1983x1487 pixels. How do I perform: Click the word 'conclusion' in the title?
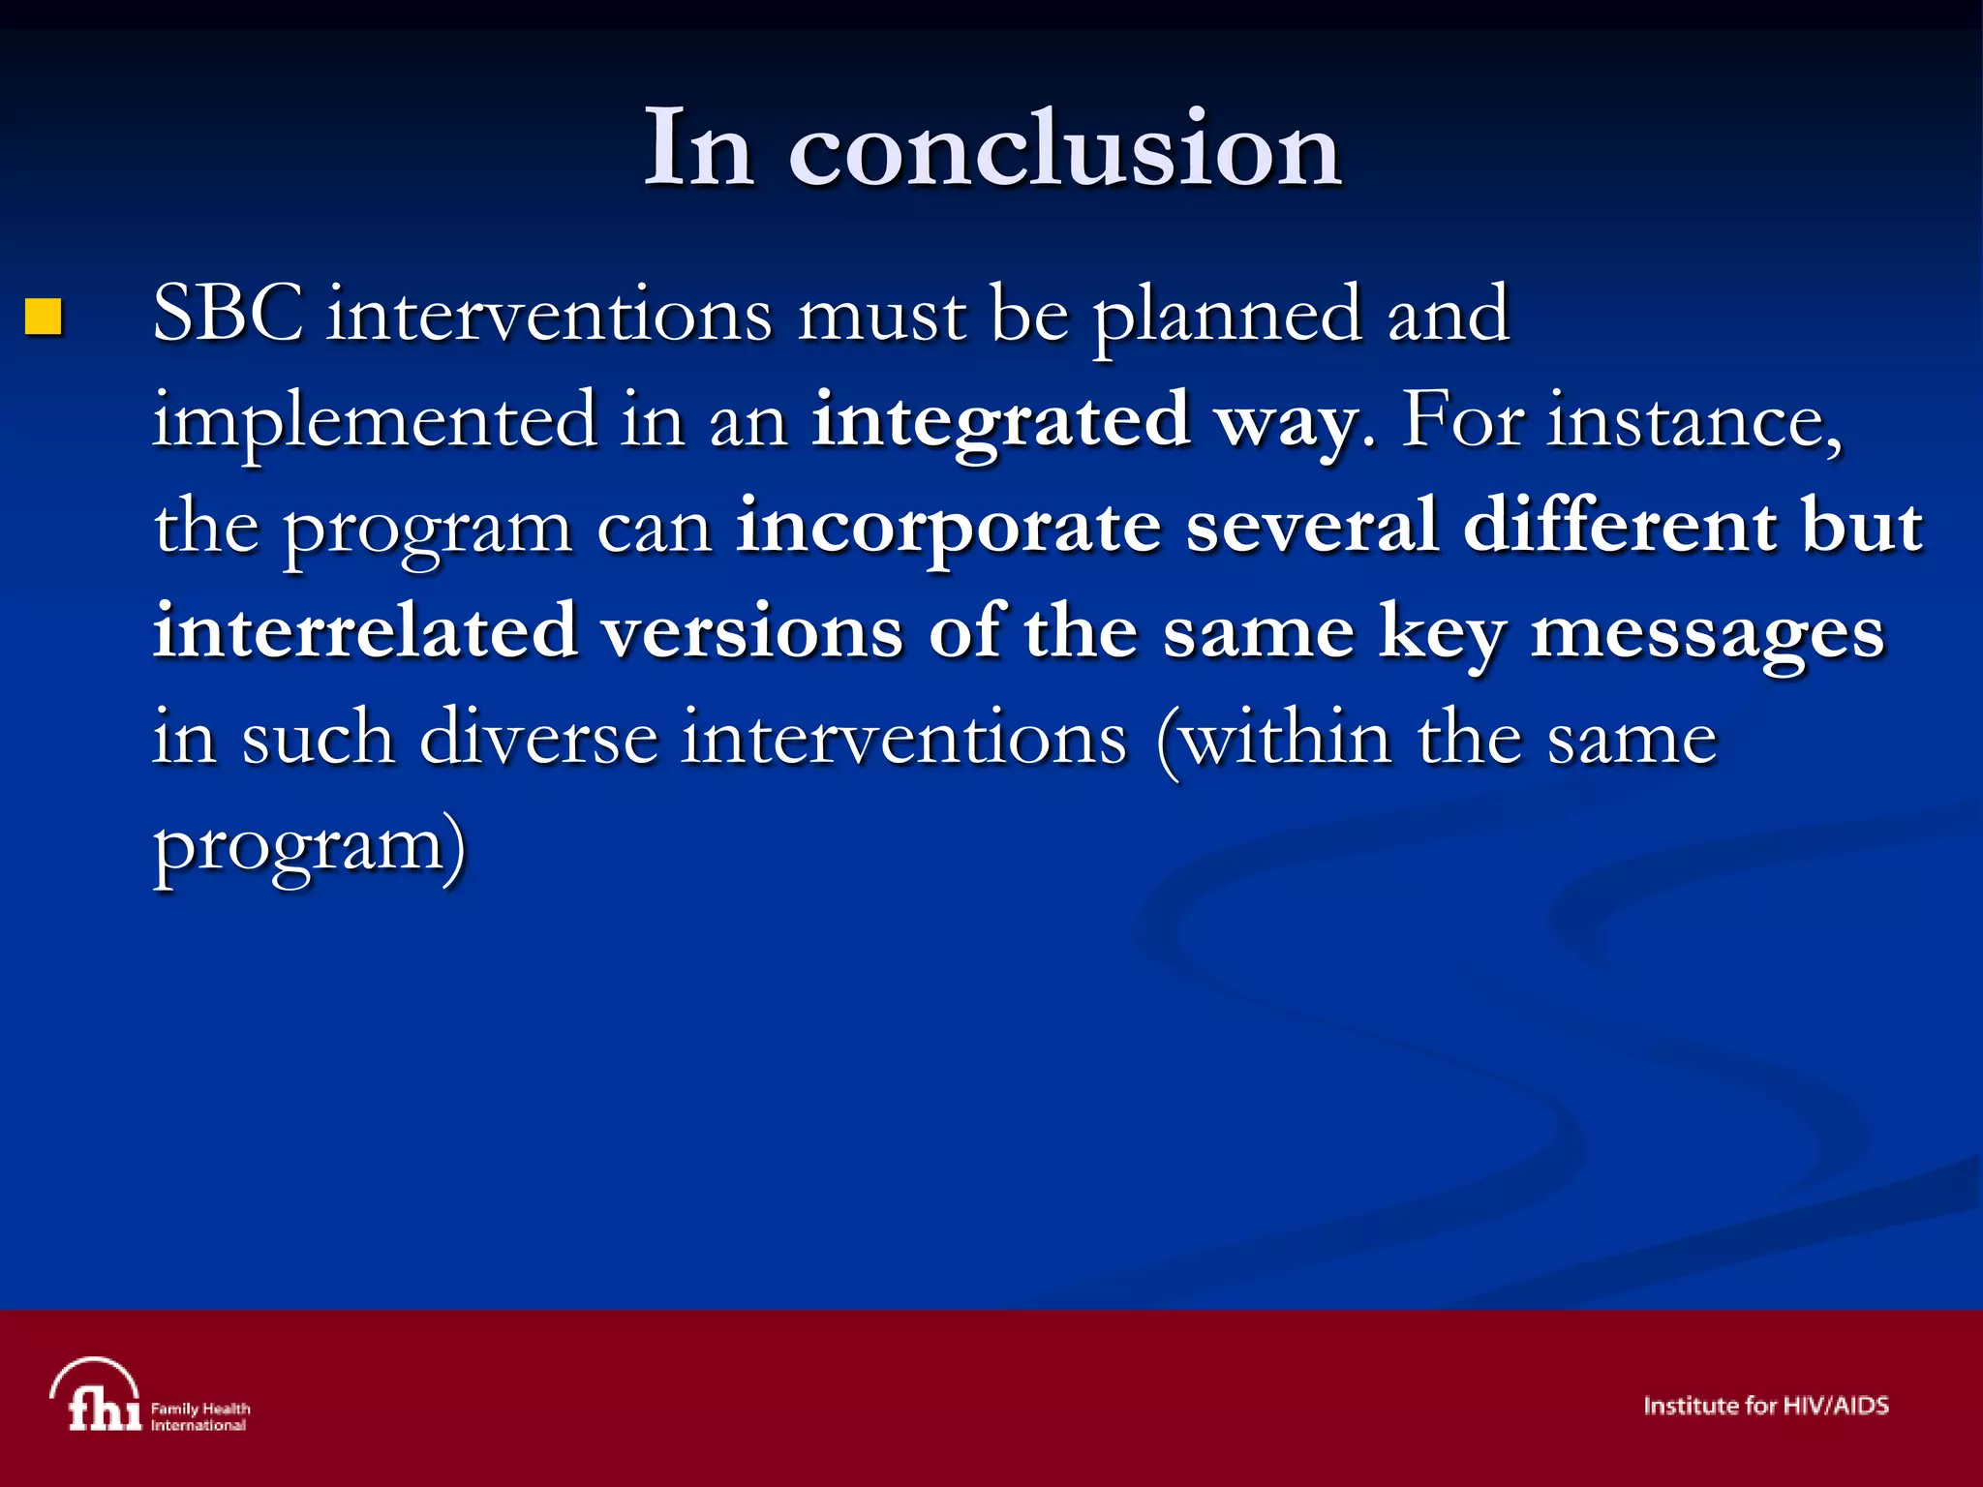click(x=1065, y=150)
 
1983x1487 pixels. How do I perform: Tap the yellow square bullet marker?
click(x=44, y=317)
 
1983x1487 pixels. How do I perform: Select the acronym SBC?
click(x=229, y=315)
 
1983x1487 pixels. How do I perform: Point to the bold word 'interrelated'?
click(x=365, y=631)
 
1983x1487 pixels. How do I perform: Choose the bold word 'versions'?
click(x=752, y=631)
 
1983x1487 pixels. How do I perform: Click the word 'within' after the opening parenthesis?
click(x=1288, y=738)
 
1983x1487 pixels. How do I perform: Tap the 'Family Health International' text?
click(x=200, y=1416)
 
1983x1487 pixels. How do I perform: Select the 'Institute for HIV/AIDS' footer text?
click(x=1765, y=1406)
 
